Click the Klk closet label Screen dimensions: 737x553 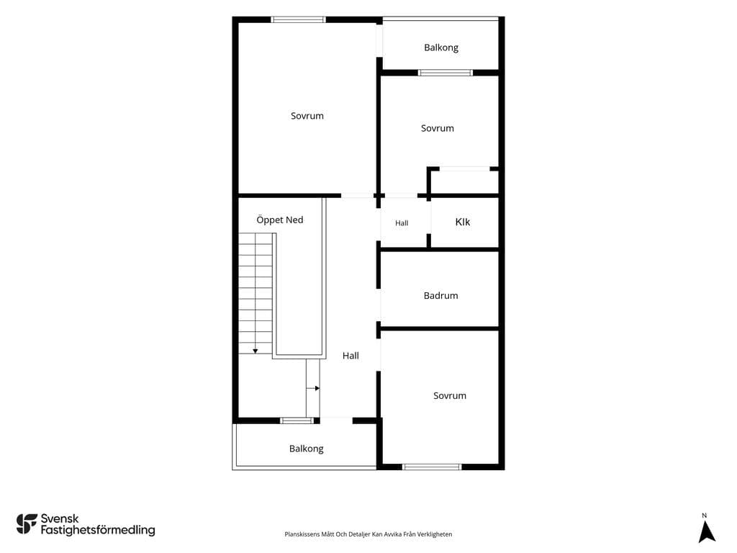tap(463, 222)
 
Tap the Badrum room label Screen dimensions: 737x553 tap(441, 295)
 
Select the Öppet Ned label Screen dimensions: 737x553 tap(280, 220)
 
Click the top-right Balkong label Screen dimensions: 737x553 tap(441, 48)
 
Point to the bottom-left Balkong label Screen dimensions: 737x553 tap(306, 449)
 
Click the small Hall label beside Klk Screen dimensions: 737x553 tap(402, 223)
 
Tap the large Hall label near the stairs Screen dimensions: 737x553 tap(351, 356)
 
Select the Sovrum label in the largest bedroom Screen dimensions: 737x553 tap(307, 116)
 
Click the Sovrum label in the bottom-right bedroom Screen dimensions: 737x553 tap(450, 395)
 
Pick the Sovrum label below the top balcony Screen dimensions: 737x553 tap(437, 128)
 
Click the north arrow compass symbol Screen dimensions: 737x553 tap(706, 531)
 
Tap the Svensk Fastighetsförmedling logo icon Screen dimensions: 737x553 tap(27, 524)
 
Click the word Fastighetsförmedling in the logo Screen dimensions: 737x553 tap(98, 530)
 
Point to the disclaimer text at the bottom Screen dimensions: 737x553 tap(368, 534)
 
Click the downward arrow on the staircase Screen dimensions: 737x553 tap(256, 351)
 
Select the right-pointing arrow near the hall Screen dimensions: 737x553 tap(313, 388)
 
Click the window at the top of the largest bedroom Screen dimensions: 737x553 tap(299, 19)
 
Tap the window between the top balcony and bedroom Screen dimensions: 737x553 tap(445, 73)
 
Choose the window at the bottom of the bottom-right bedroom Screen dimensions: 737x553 tap(432, 467)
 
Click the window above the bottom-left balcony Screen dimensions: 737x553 tap(297, 421)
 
